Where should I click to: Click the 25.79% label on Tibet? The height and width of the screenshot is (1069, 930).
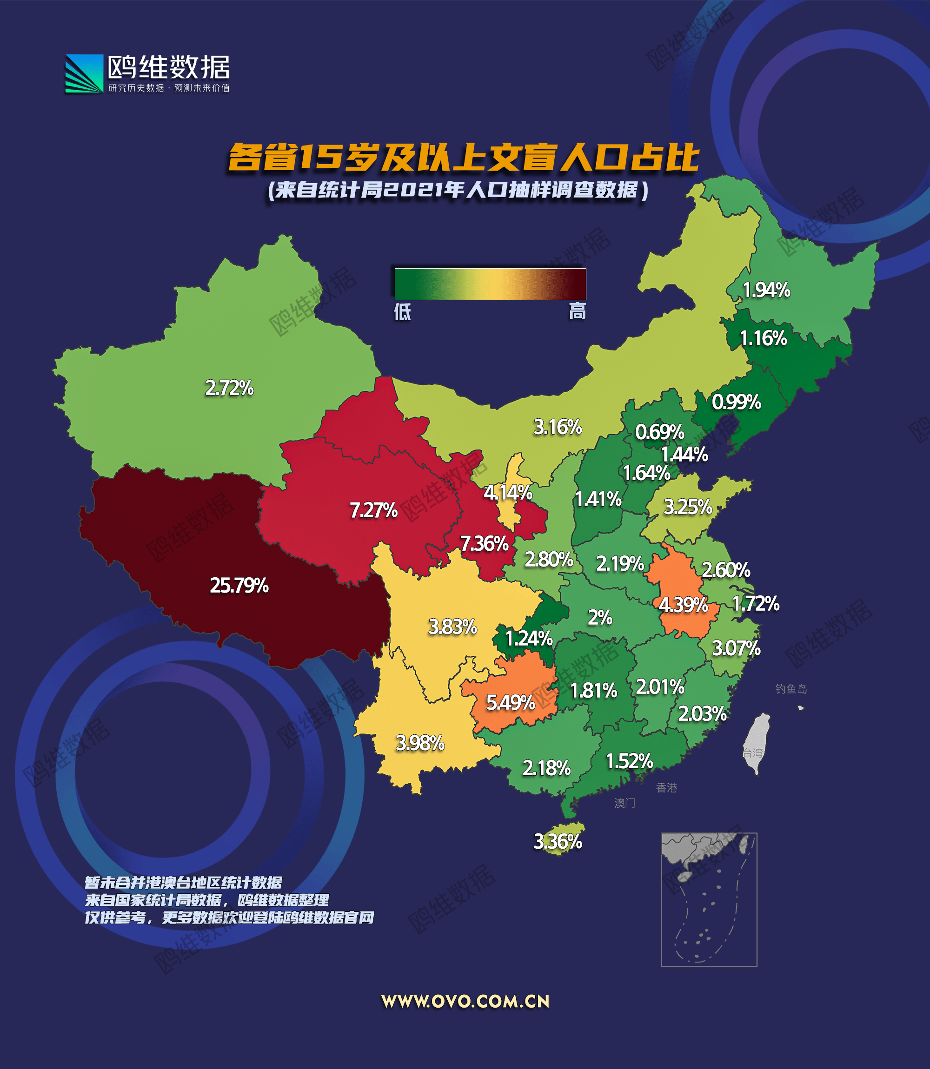coord(239,586)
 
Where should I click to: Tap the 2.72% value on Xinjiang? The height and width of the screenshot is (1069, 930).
coord(229,388)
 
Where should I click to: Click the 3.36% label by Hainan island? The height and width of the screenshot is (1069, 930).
coord(558,841)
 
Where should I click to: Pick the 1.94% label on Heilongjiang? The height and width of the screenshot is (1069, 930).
coord(766,290)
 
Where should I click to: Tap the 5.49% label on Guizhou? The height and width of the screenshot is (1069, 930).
coord(510,703)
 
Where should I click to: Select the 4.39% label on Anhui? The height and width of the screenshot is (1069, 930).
coord(683,605)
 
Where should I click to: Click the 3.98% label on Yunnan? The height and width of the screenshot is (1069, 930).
coord(420,743)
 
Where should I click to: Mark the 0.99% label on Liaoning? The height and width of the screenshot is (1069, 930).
coord(736,402)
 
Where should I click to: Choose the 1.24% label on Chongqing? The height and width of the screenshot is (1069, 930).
coord(529,639)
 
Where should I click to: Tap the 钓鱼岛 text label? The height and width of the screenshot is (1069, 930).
coord(791,689)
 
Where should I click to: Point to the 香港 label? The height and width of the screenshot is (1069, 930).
coord(666,788)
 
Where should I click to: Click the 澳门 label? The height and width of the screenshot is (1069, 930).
coord(624,804)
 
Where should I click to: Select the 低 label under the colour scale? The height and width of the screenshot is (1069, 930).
coord(402,312)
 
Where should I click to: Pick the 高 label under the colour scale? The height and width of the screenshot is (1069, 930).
coord(577,312)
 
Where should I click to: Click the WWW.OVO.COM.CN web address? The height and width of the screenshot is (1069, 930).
coord(465,1002)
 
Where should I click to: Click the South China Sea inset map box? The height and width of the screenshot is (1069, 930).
coord(709,900)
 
